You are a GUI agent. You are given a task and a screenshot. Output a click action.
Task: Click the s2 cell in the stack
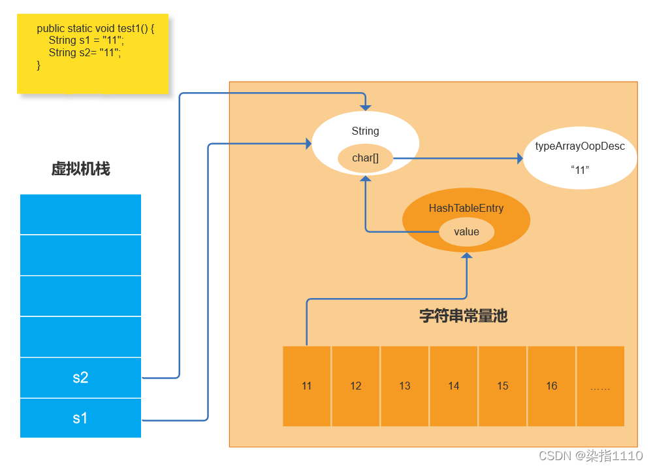(x=80, y=378)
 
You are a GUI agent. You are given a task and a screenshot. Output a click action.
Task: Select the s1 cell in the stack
(x=80, y=418)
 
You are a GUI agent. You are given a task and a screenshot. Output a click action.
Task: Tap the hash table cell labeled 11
(x=307, y=386)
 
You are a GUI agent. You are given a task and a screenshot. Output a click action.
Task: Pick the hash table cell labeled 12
(x=356, y=386)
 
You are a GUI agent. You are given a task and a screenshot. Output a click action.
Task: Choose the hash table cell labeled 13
(x=405, y=386)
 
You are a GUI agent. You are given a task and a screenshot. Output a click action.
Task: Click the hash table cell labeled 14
(x=454, y=386)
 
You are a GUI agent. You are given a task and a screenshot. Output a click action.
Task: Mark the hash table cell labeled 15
(x=503, y=386)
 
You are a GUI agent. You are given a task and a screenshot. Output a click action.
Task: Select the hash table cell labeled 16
(x=552, y=386)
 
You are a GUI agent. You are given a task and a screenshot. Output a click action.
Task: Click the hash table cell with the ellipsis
(x=600, y=386)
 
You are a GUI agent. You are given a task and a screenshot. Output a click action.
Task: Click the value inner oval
(x=466, y=232)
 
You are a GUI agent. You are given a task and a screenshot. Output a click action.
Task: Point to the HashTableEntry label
(x=466, y=209)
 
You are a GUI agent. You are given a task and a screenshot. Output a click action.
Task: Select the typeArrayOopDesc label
(x=580, y=146)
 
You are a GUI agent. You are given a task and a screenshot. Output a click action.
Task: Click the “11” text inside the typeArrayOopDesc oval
(x=580, y=170)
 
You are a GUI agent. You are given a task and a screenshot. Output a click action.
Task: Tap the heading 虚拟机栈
(x=80, y=169)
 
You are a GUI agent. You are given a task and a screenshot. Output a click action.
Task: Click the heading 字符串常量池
(x=463, y=316)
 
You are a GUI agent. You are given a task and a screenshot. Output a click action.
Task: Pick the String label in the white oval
(x=365, y=131)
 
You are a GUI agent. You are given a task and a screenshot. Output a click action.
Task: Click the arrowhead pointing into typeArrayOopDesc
(x=520, y=158)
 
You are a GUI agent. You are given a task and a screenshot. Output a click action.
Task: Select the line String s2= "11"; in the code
(x=85, y=53)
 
